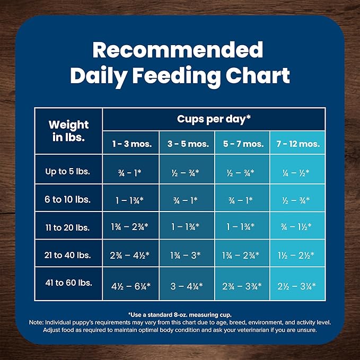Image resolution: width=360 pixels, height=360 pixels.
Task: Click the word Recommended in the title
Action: [x=178, y=50]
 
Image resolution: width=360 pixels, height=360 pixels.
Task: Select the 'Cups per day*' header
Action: [x=214, y=119]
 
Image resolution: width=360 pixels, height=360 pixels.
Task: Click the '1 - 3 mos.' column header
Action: [x=130, y=144]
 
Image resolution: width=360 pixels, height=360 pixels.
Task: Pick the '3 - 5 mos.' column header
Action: [x=187, y=144]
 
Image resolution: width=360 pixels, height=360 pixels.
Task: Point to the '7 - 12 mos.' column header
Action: [x=298, y=144]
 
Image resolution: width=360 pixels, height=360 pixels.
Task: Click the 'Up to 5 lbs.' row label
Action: [x=68, y=172]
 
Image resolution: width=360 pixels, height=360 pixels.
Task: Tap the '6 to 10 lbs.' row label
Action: [x=68, y=200]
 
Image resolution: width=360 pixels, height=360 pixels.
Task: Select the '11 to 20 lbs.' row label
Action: [x=68, y=227]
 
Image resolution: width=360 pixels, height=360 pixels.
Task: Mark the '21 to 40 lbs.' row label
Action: [x=68, y=254]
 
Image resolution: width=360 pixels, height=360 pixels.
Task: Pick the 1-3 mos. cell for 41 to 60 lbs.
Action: [x=130, y=286]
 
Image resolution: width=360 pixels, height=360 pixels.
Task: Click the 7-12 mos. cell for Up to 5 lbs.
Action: [x=298, y=172]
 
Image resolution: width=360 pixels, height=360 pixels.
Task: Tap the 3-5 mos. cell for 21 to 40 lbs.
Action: [x=187, y=255]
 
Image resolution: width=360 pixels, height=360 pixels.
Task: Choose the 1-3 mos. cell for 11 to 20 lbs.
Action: [x=130, y=227]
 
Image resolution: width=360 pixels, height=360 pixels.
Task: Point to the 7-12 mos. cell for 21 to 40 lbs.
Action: [x=298, y=255]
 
